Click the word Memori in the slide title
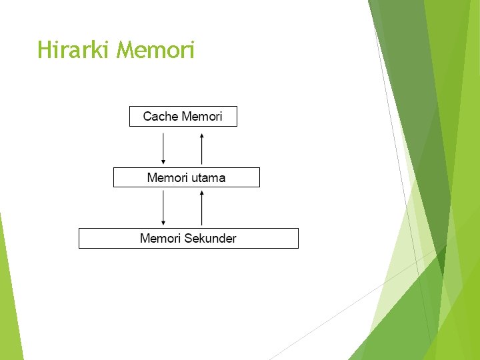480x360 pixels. click(155, 50)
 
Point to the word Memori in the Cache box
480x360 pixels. click(202, 117)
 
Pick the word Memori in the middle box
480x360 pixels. click(167, 178)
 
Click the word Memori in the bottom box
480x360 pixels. click(161, 239)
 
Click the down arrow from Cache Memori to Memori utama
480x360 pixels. click(163, 148)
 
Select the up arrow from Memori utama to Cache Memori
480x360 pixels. click(202, 148)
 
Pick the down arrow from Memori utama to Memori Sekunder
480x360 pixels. click(163, 208)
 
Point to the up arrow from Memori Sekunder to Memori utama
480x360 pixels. click(202, 208)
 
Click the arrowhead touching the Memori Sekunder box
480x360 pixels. click(163, 223)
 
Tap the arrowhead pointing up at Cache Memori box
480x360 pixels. click(202, 135)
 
